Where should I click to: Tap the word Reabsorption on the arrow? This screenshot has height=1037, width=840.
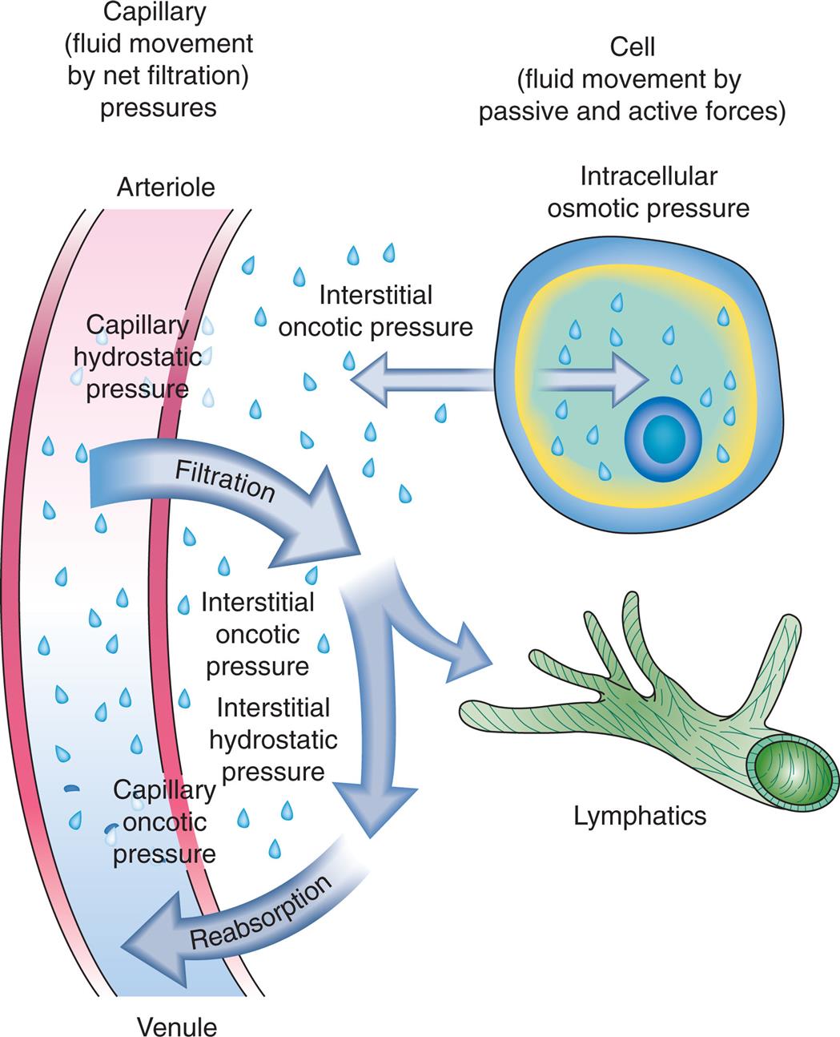pos(260,913)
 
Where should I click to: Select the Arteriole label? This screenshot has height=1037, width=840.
pos(166,188)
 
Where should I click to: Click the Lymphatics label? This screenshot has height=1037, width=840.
pos(640,816)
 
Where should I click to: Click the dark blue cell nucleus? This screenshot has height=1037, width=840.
pos(663,439)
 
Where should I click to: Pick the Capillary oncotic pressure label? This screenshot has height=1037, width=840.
pos(164,821)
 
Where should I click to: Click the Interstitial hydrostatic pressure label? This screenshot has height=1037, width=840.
pos(273,740)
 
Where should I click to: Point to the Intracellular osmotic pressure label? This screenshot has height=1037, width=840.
pos(648,192)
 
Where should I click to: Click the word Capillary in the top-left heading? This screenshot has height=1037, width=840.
pos(158,11)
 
